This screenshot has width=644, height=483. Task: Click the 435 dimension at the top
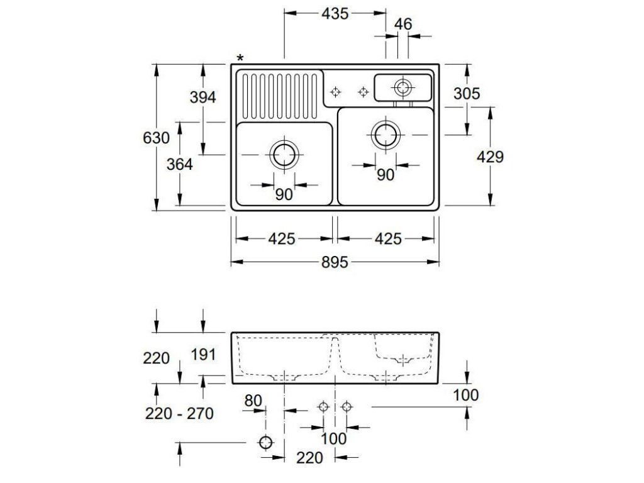point(335,13)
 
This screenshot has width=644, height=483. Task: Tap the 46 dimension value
point(403,25)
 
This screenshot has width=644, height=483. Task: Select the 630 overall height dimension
point(156,138)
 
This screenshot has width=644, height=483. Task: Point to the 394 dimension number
point(203,97)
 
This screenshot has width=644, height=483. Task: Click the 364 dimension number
point(179,164)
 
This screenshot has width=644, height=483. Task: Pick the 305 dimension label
point(467,94)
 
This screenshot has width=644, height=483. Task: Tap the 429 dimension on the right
point(490,157)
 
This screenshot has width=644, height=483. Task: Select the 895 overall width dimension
point(335,262)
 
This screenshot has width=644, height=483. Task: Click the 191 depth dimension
point(203,354)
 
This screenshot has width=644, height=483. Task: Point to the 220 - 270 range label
point(179,413)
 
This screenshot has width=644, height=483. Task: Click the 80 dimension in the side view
point(252,400)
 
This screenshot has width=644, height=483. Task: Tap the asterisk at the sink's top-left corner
point(240,58)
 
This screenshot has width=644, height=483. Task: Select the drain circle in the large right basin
point(386,134)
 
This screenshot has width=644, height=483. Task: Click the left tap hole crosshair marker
point(336,92)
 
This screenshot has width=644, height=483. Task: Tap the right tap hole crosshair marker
point(363,92)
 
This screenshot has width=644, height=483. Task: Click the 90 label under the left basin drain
point(284,194)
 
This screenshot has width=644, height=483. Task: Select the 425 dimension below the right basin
point(388,239)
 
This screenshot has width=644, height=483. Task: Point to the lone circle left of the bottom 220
point(266,442)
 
